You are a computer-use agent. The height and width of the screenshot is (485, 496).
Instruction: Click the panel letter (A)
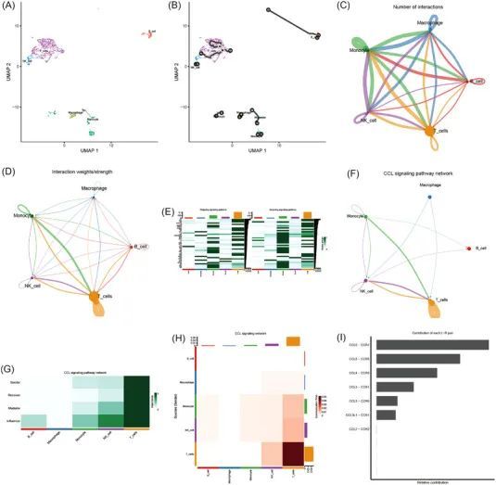(10, 6)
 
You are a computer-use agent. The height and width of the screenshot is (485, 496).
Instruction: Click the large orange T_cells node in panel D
(95, 297)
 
